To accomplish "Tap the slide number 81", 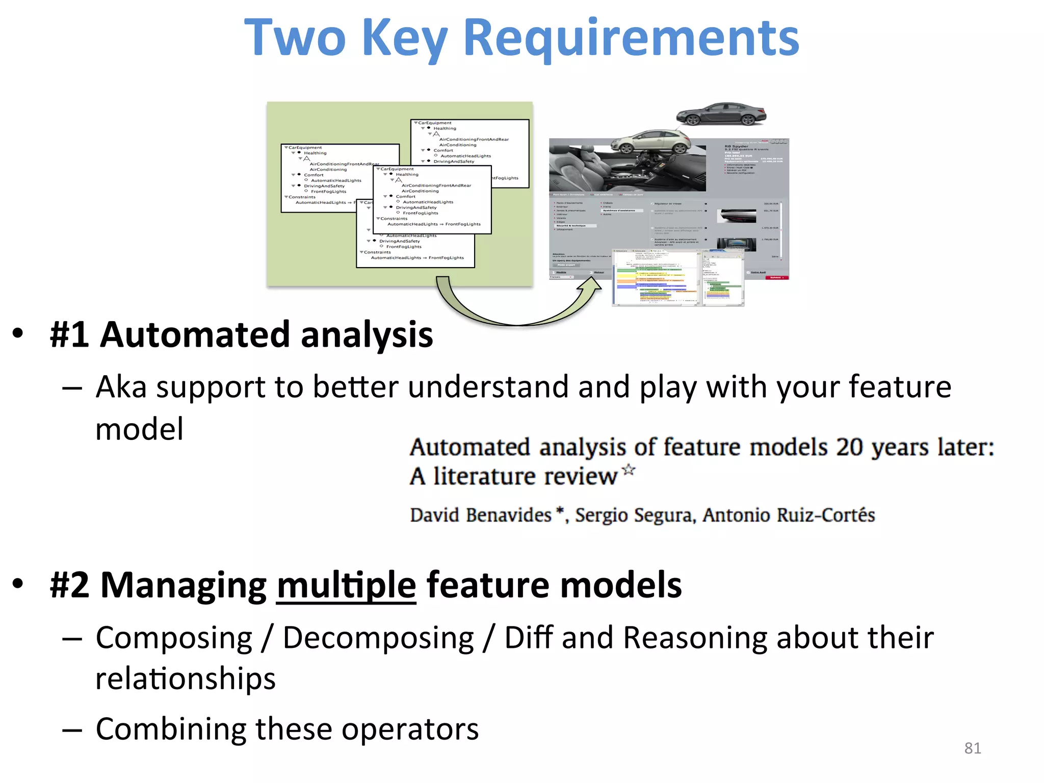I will (x=972, y=748).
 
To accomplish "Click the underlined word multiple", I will (x=346, y=585).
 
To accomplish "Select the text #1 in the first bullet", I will (x=70, y=335).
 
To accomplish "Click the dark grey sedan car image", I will (x=721, y=114).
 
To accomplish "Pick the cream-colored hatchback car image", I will (x=648, y=142).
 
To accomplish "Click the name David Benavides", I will (x=481, y=515).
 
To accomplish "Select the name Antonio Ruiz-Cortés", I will (x=788, y=515).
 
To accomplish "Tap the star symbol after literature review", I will (x=629, y=469).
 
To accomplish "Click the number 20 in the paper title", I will (x=849, y=448).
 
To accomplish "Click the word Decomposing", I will (x=378, y=638).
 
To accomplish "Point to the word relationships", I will (x=186, y=679).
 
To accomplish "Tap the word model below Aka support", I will (x=139, y=429).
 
